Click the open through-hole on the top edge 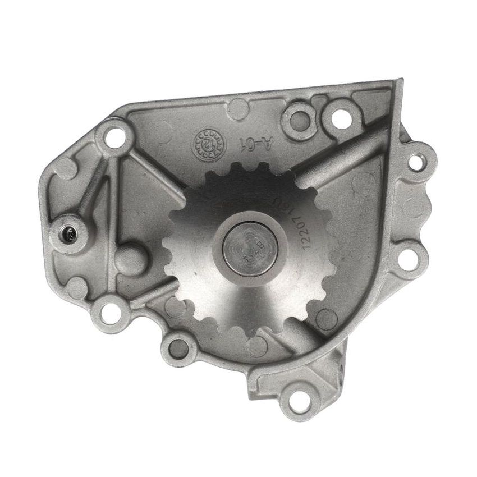[x=338, y=118]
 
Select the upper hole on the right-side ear [x=416, y=162]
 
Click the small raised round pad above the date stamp [x=237, y=107]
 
